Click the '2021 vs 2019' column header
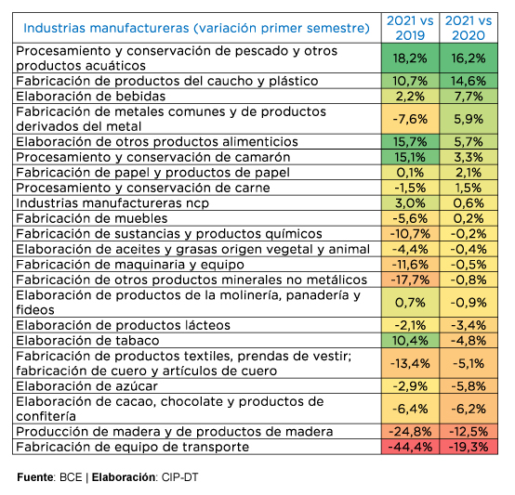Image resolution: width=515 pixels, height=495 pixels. (410, 28)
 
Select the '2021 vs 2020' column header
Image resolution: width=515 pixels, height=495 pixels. (469, 28)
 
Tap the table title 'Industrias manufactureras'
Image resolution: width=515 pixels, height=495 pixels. (106, 28)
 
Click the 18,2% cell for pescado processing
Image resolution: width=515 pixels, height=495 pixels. (410, 59)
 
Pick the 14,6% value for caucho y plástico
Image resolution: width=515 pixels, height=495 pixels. (469, 81)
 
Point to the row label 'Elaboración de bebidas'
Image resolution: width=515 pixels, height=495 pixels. (91, 97)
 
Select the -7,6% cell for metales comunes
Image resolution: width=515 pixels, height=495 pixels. (410, 119)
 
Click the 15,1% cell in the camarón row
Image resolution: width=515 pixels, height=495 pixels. (410, 157)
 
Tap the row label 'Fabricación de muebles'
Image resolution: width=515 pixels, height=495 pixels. (92, 218)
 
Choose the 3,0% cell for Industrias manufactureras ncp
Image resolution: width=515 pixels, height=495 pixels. (410, 203)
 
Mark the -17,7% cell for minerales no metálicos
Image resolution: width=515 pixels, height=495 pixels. (410, 280)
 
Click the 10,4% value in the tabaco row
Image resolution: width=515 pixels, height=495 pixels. (410, 341)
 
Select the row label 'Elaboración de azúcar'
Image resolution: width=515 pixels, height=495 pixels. (87, 386)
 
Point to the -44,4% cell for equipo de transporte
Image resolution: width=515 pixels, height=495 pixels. (410, 447)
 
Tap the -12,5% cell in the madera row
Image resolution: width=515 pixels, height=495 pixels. (469, 431)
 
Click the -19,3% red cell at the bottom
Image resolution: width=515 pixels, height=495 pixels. (469, 447)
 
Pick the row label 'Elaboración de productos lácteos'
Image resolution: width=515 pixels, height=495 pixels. (123, 325)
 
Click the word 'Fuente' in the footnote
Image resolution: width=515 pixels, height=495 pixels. (35, 477)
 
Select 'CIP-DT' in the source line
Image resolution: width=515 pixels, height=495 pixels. (179, 477)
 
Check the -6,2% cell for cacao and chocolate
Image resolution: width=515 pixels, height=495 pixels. (469, 409)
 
